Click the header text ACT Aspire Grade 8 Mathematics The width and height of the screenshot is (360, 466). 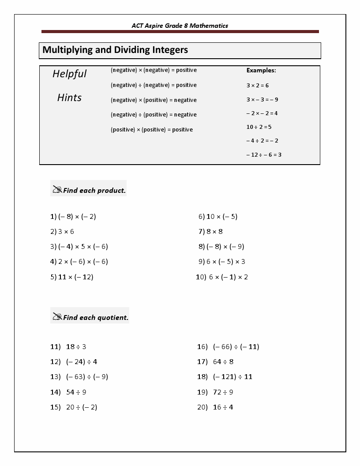point(180,26)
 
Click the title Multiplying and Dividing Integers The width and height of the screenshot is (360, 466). point(115,50)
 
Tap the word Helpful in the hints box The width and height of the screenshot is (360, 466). point(70,74)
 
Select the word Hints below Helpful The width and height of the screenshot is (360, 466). point(69,98)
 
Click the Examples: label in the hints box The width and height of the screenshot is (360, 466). point(261,70)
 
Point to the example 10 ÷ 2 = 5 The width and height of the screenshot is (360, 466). point(259,127)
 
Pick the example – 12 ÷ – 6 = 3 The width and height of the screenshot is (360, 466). point(264,155)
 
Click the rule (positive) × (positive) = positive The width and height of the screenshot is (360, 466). point(152,130)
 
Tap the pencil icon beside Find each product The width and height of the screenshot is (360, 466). point(57,190)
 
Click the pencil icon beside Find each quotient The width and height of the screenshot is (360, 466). point(57,316)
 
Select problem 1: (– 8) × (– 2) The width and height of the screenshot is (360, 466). point(73,217)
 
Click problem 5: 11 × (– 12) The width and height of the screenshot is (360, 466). point(72,277)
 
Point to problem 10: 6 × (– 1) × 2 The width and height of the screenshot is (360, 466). point(222,277)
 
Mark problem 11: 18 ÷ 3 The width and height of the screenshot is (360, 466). point(68,347)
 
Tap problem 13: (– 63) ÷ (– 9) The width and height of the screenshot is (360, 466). point(79,377)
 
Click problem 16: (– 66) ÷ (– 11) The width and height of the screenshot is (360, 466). point(228,347)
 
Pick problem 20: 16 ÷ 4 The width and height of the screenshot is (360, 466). point(215,407)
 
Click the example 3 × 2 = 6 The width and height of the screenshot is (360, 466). point(258,86)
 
